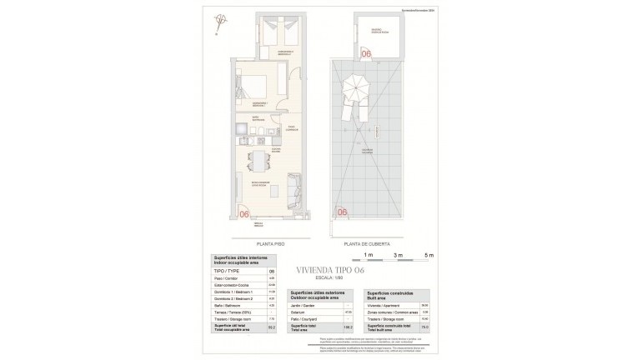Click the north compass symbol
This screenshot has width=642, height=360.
click(220, 22)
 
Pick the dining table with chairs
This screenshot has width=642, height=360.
click(259, 159)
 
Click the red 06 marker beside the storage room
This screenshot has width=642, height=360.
click(364, 54)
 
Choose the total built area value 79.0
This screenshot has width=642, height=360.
click(424, 328)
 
